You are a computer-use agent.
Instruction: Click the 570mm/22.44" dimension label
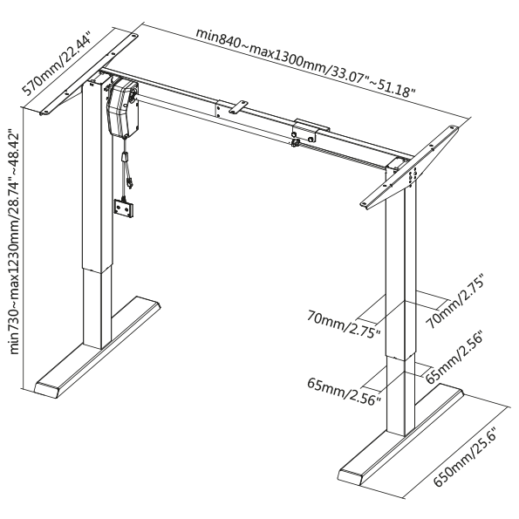tap(57, 64)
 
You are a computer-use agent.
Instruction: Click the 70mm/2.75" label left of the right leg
tap(345, 324)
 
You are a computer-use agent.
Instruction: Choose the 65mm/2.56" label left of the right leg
tap(345, 392)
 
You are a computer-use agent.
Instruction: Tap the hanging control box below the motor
tap(124, 208)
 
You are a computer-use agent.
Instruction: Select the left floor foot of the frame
tap(98, 346)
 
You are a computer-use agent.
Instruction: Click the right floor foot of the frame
tap(401, 434)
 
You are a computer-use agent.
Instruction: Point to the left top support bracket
tap(88, 75)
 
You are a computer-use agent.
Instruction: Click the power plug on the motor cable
tap(129, 183)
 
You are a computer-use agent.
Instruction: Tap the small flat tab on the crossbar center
tap(238, 107)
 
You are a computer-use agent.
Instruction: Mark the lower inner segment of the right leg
tap(400, 394)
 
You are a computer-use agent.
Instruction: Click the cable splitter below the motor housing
tap(125, 156)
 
